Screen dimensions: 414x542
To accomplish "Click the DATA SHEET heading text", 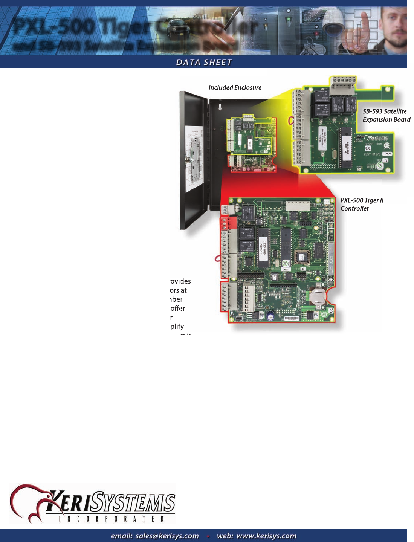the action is click(x=204, y=62).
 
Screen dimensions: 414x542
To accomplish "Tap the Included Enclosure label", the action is click(x=235, y=87).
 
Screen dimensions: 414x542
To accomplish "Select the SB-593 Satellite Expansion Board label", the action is click(x=386, y=116).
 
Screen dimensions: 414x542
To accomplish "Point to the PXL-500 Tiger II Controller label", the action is click(x=362, y=204).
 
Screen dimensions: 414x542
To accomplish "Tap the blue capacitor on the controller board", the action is click(x=270, y=316).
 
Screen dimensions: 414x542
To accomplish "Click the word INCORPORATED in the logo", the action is click(x=111, y=519).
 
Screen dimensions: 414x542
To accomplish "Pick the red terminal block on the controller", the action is click(x=229, y=223).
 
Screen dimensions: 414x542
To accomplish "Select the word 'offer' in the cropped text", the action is click(x=177, y=308).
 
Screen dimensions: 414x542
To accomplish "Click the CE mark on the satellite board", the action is click(x=368, y=148).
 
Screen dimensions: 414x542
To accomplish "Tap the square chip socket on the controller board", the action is click(x=302, y=258).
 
